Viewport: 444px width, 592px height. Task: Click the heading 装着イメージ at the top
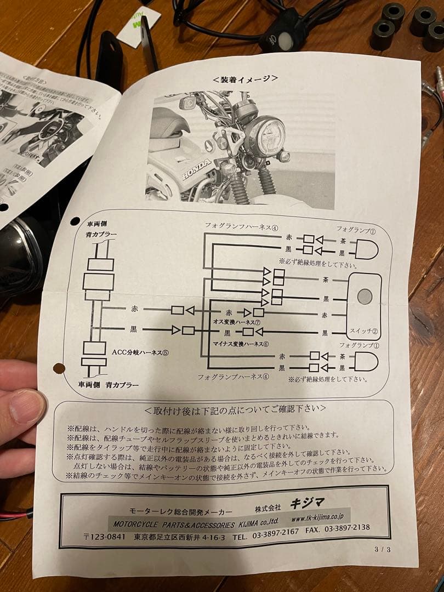point(244,78)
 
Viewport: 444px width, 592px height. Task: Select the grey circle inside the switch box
point(364,297)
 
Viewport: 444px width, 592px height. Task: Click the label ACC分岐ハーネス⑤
point(140,352)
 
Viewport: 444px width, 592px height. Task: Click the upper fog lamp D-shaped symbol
point(366,249)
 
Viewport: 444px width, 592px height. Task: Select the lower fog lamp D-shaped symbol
point(366,362)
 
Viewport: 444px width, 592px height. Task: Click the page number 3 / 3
point(383,549)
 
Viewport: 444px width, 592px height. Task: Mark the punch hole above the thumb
point(58,368)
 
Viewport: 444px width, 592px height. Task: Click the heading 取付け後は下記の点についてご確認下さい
point(235,409)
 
